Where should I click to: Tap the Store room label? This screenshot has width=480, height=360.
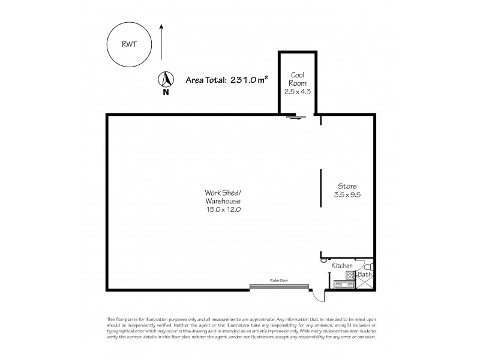click(346, 185)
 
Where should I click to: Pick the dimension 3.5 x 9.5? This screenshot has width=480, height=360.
click(347, 194)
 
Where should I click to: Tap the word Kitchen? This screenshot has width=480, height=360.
click(341, 265)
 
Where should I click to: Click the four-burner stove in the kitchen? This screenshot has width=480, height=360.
click(337, 284)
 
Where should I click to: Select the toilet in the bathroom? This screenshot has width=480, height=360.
click(370, 266)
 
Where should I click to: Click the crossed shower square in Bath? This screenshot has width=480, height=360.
click(364, 284)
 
